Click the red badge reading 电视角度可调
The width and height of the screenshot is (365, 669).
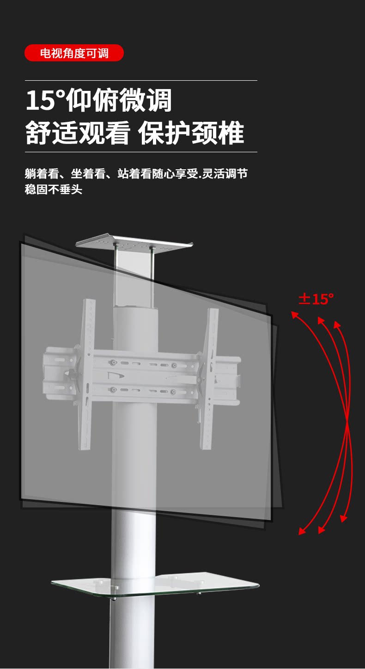tap(74, 53)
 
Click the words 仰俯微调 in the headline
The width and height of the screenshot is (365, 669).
tap(119, 100)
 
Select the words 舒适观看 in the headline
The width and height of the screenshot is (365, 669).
tap(77, 133)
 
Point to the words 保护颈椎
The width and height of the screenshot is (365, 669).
tap(191, 133)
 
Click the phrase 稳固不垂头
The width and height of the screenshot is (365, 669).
tap(54, 189)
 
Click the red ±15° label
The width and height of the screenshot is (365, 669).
tap(316, 299)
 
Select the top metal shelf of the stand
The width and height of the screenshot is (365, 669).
tap(134, 243)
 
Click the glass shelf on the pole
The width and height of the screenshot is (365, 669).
tap(155, 585)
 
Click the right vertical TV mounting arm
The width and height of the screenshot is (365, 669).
tap(209, 378)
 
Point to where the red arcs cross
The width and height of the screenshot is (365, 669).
tap(347, 421)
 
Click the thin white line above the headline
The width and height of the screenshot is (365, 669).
tap(141, 81)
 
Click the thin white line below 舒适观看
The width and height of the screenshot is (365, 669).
tap(141, 152)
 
